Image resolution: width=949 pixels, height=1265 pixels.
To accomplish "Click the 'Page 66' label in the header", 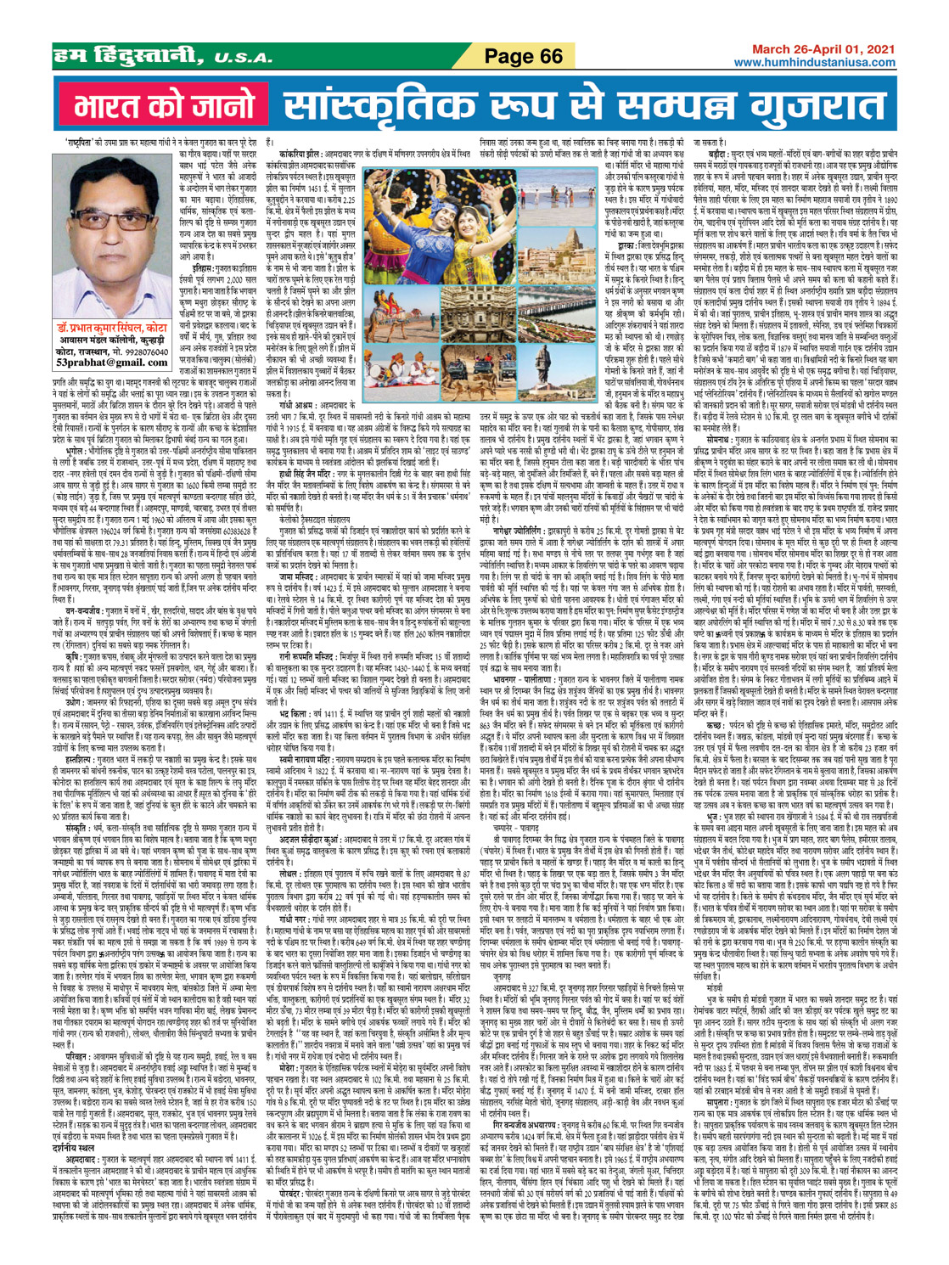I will point(525,57).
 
